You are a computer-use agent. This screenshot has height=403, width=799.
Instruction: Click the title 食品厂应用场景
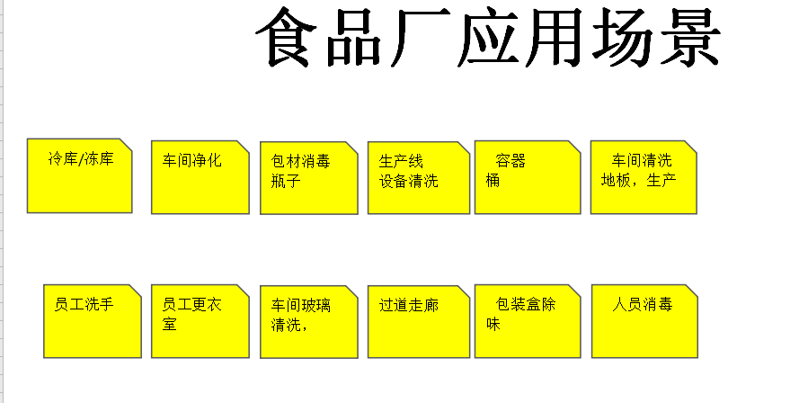[488, 37]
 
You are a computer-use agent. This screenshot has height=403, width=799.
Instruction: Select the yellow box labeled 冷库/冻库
[79, 175]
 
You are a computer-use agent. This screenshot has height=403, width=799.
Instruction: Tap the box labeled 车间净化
[200, 177]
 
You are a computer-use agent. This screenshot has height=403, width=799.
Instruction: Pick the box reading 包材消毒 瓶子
[309, 178]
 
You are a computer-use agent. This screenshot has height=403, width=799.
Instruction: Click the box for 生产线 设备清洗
[419, 177]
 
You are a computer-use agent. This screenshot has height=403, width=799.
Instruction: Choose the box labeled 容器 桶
[528, 177]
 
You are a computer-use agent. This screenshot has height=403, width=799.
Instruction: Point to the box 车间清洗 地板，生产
[644, 177]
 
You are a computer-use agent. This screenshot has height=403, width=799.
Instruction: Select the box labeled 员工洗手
[93, 321]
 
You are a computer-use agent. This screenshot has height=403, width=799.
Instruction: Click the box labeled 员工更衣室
[200, 321]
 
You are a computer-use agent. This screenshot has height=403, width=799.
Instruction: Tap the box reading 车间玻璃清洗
[309, 322]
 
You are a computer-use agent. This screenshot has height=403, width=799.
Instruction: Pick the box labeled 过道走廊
[419, 321]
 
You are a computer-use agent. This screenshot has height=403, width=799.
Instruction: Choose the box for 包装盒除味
[528, 321]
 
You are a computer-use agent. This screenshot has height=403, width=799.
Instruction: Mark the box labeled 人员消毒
[644, 321]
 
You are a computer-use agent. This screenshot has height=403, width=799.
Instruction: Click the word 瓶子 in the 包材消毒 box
[286, 181]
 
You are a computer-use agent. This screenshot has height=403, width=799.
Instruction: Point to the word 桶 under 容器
[493, 181]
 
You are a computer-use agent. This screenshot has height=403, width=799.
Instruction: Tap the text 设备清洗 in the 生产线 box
[409, 181]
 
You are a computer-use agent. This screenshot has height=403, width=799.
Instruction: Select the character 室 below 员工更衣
[170, 325]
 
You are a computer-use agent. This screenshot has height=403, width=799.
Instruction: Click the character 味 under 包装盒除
[493, 324]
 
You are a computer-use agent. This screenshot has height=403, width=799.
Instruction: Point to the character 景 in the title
[691, 37]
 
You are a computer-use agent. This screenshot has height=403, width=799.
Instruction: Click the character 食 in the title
[287, 37]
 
